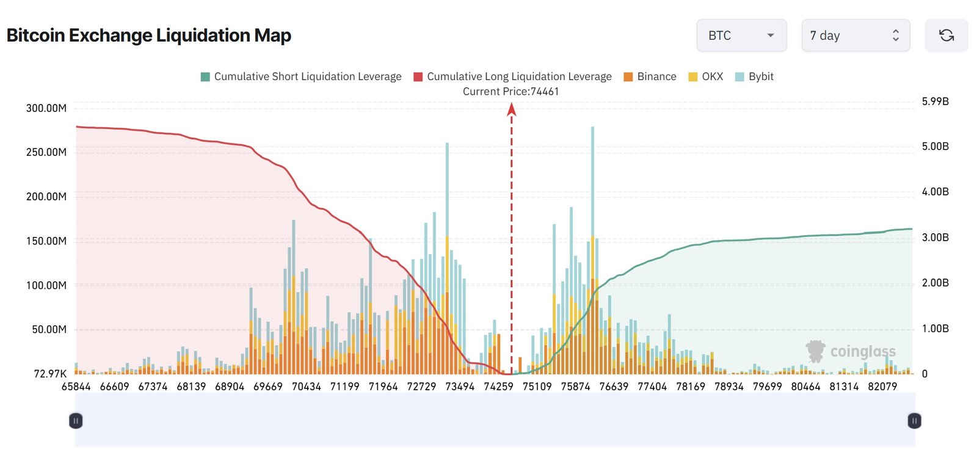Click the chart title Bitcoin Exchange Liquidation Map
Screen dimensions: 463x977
pyautogui.click(x=148, y=35)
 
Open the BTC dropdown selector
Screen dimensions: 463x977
pyautogui.click(x=741, y=35)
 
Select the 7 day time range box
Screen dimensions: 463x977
pyautogui.click(x=855, y=35)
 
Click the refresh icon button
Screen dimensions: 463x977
pyautogui.click(x=946, y=35)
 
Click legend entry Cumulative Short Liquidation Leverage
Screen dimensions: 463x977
pyautogui.click(x=301, y=76)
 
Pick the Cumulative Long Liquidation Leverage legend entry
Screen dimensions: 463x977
pyautogui.click(x=512, y=76)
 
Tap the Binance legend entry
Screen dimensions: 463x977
pyautogui.click(x=650, y=76)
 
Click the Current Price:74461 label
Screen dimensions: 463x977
pyautogui.click(x=510, y=92)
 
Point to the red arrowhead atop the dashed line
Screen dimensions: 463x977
pyautogui.click(x=512, y=109)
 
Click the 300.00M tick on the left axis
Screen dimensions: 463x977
pyautogui.click(x=46, y=108)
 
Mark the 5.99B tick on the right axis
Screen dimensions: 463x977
pyautogui.click(x=935, y=101)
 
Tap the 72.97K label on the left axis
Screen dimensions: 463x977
pyautogui.click(x=50, y=374)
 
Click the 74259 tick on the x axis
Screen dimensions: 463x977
pyautogui.click(x=498, y=387)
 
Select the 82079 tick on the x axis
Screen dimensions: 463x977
pyautogui.click(x=882, y=387)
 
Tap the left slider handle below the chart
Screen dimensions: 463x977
pyautogui.click(x=76, y=421)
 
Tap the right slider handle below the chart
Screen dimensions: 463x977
pyautogui.click(x=914, y=421)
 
